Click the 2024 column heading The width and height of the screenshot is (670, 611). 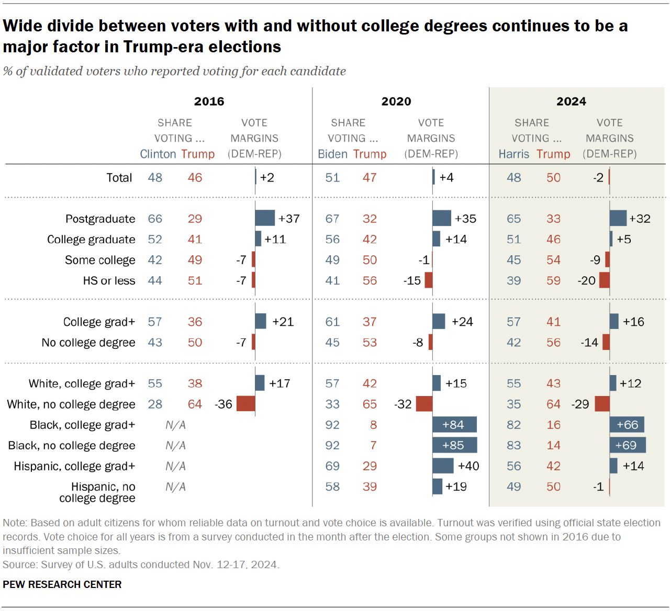(571, 101)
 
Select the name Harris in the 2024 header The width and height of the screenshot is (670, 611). (513, 154)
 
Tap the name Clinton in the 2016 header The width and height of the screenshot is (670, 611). (158, 154)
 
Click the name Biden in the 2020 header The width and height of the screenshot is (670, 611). (332, 154)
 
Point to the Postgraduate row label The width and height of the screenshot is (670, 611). (100, 219)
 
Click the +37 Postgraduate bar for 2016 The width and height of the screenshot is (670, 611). (265, 218)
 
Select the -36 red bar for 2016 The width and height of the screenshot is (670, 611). (245, 404)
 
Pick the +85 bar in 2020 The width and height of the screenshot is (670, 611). (454, 445)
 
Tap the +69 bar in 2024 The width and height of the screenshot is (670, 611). (628, 445)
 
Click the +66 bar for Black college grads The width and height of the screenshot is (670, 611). (627, 425)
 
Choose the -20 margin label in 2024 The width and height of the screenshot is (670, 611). (586, 280)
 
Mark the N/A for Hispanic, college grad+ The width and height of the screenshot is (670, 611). (175, 466)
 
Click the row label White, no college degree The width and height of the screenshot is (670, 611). (71, 404)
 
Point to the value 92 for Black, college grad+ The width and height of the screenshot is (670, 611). (332, 425)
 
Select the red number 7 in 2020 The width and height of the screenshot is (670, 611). (373, 445)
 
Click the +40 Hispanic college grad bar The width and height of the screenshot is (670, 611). (443, 466)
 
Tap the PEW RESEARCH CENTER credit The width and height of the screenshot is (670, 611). (62, 584)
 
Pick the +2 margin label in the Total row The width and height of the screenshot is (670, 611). (267, 177)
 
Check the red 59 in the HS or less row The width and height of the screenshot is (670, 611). (553, 280)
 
